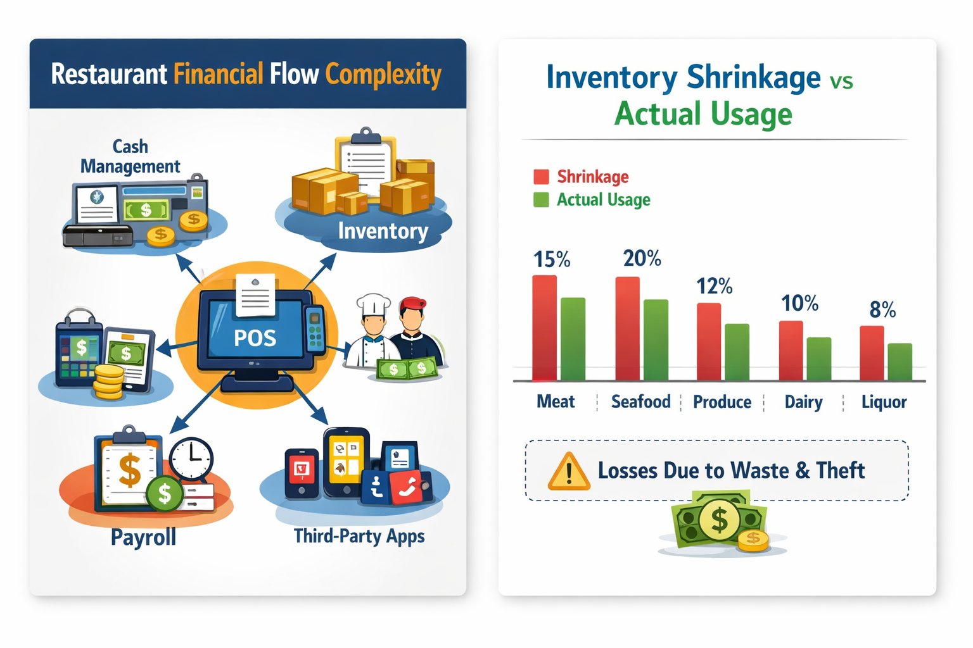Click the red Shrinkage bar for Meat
(544, 328)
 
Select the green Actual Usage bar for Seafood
(656, 340)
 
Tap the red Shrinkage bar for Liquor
(872, 352)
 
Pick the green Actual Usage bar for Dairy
(818, 359)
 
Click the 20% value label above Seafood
(642, 258)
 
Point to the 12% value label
(714, 286)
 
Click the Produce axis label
(722, 402)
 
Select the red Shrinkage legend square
(541, 177)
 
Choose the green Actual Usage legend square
(541, 200)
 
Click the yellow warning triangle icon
(568, 472)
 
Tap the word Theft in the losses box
(840, 470)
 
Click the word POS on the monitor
(255, 339)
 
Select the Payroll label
(143, 537)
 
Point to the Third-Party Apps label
(359, 536)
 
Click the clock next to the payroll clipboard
(191, 458)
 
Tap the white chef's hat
(373, 304)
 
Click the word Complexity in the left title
(383, 75)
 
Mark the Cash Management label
(130, 156)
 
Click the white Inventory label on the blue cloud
(383, 231)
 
